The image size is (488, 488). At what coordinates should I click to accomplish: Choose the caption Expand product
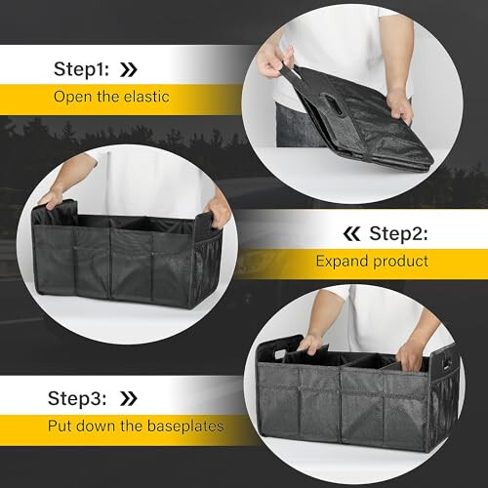pyautogui.click(x=371, y=262)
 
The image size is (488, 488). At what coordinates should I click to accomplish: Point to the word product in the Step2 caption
pyautogui.click(x=400, y=262)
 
